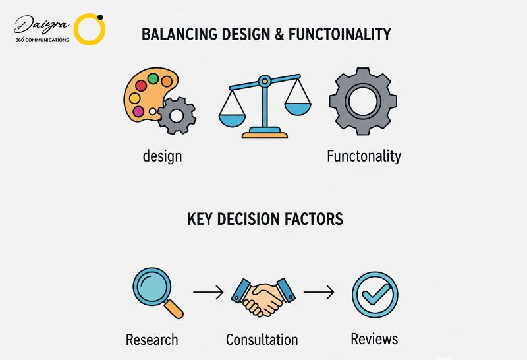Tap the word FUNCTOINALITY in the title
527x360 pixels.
click(340, 34)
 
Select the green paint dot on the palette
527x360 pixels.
click(153, 78)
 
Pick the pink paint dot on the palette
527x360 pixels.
click(138, 111)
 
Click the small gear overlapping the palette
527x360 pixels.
click(177, 116)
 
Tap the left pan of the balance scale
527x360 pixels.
click(233, 120)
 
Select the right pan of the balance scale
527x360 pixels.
click(298, 109)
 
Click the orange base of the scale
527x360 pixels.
click(265, 135)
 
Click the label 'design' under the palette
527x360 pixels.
click(162, 156)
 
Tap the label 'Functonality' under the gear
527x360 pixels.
click(364, 156)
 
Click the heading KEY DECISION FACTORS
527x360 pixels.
click(265, 219)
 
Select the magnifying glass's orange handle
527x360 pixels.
click(174, 309)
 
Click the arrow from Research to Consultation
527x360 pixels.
click(208, 292)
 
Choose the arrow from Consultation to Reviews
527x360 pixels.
click(319, 292)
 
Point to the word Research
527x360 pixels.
click(152, 340)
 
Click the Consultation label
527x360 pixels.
click(262, 340)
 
